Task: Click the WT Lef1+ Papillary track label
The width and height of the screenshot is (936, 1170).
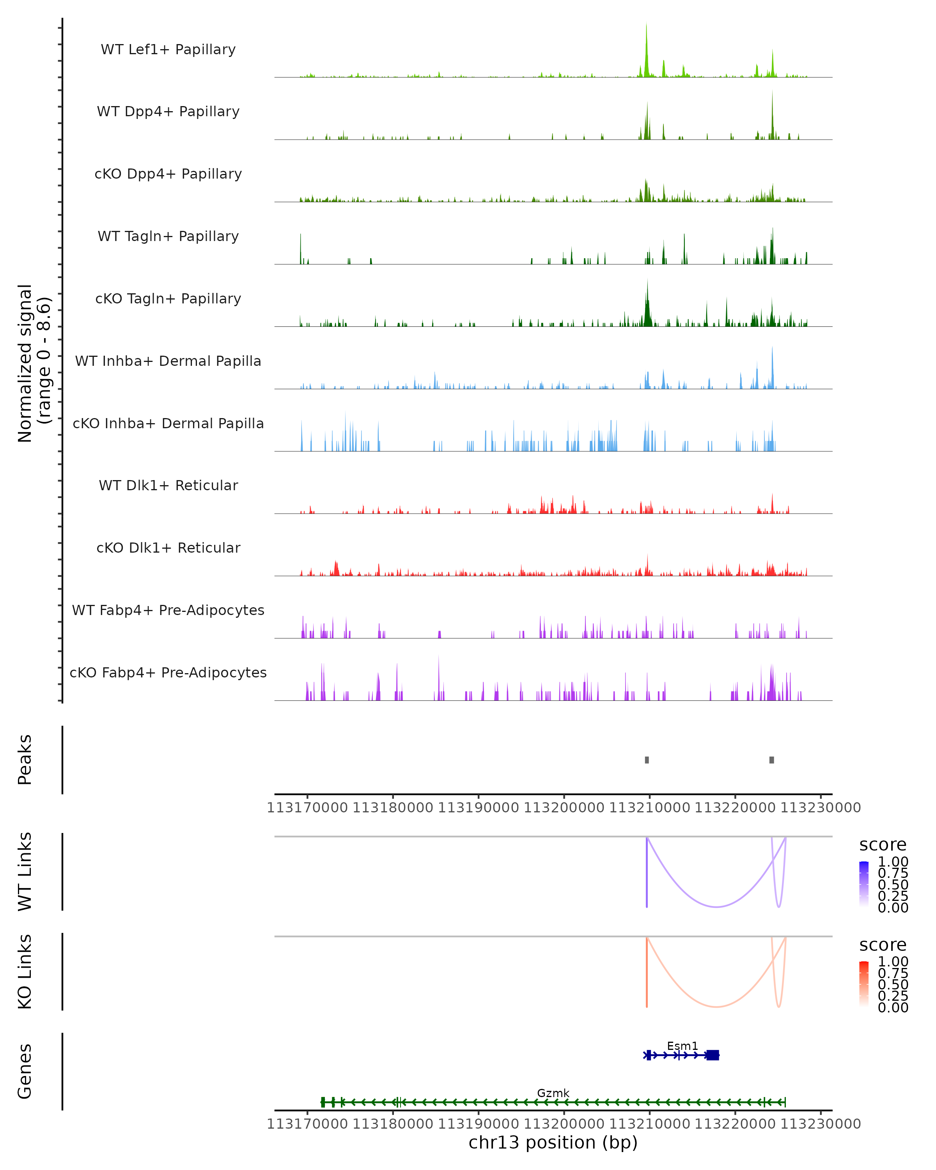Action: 168,50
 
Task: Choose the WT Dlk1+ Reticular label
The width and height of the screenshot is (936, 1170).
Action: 168,485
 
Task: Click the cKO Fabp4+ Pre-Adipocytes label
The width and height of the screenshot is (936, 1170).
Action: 168,672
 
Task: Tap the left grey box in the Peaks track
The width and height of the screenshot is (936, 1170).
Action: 647,760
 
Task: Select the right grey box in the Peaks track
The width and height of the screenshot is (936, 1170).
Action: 771,760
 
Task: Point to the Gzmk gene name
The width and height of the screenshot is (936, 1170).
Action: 553,1093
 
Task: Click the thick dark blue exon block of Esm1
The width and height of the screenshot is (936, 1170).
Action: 713,1055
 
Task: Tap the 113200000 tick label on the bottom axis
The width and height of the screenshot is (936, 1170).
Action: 564,1124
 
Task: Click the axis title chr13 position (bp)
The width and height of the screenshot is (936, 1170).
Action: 553,1142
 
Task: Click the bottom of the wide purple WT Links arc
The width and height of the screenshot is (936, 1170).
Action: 716,907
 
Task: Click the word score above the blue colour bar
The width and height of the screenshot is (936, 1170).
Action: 882,845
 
